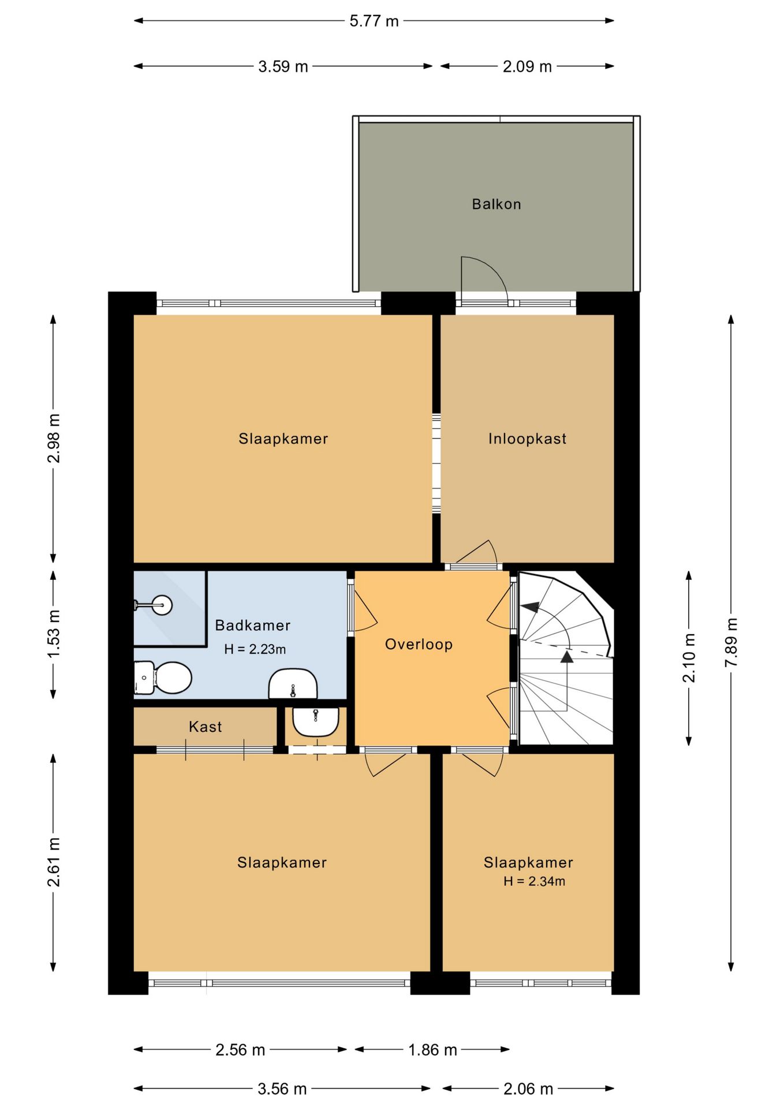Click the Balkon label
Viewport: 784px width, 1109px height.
(x=496, y=204)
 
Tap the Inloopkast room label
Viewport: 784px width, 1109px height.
(x=527, y=438)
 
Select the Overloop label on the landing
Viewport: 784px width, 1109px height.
(x=419, y=644)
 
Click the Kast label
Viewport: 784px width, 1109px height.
(x=205, y=727)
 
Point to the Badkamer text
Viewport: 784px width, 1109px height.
(x=252, y=625)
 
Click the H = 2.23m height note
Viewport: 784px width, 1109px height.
(x=255, y=649)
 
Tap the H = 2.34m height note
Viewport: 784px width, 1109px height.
(x=534, y=881)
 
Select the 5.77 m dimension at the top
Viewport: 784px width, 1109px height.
(x=374, y=21)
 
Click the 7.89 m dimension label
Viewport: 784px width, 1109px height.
(x=731, y=642)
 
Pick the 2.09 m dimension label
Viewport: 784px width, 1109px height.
(x=527, y=66)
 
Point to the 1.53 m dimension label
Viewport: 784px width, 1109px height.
(x=53, y=634)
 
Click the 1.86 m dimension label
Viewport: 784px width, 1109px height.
(x=432, y=1050)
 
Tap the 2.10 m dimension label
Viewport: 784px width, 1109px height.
(x=689, y=658)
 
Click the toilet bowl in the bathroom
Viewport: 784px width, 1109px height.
(x=171, y=678)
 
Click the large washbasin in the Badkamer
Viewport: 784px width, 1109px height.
(x=293, y=684)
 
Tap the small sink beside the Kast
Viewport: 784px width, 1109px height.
(x=315, y=721)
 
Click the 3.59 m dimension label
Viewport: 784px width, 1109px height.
(x=283, y=66)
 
